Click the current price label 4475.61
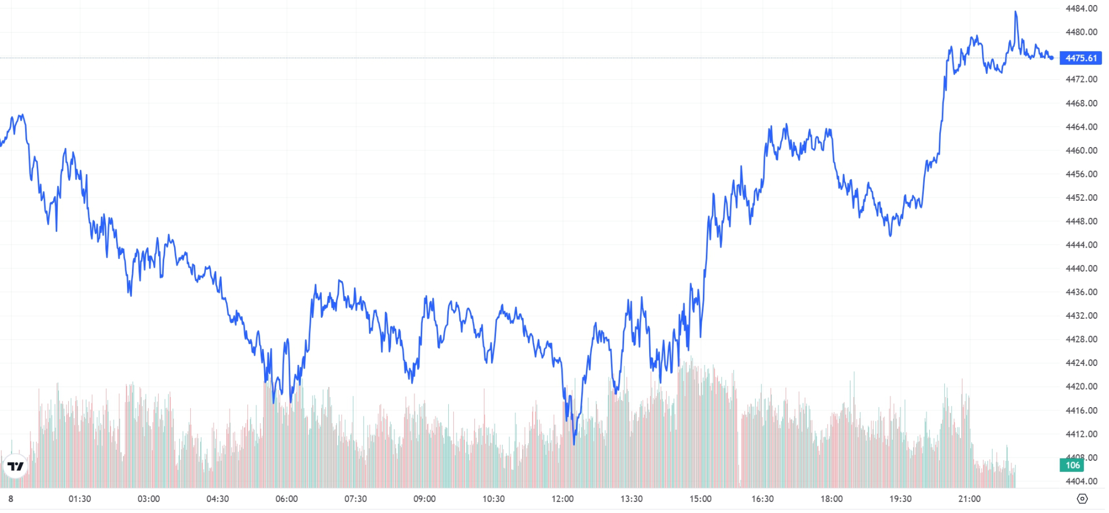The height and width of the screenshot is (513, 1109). click(1081, 58)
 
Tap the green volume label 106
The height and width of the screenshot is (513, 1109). click(1072, 465)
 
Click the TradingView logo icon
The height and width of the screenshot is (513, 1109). click(16, 466)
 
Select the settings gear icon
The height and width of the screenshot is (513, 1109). click(1082, 499)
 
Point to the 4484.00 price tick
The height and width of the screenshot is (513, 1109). click(1081, 8)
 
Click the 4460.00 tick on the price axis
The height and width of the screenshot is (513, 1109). click(1081, 150)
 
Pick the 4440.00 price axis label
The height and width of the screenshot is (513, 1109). click(1081, 268)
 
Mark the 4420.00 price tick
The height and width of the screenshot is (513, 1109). click(1081, 387)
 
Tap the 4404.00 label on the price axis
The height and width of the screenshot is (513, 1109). click(1081, 481)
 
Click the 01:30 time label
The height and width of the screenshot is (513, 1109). click(79, 499)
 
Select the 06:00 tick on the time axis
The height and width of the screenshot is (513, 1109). click(286, 499)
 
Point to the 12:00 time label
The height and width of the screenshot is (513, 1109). click(562, 499)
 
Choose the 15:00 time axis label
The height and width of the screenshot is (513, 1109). click(700, 499)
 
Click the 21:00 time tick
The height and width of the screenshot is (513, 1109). click(969, 499)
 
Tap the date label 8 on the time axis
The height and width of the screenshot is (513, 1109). click(11, 499)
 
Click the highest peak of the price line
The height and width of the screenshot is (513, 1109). click(1016, 12)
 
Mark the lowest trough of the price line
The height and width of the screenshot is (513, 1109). click(574, 444)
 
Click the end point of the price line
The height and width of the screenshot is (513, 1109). click(1052, 58)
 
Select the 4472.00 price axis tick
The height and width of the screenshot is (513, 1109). click(1081, 79)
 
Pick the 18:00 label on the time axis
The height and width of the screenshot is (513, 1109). click(831, 499)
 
